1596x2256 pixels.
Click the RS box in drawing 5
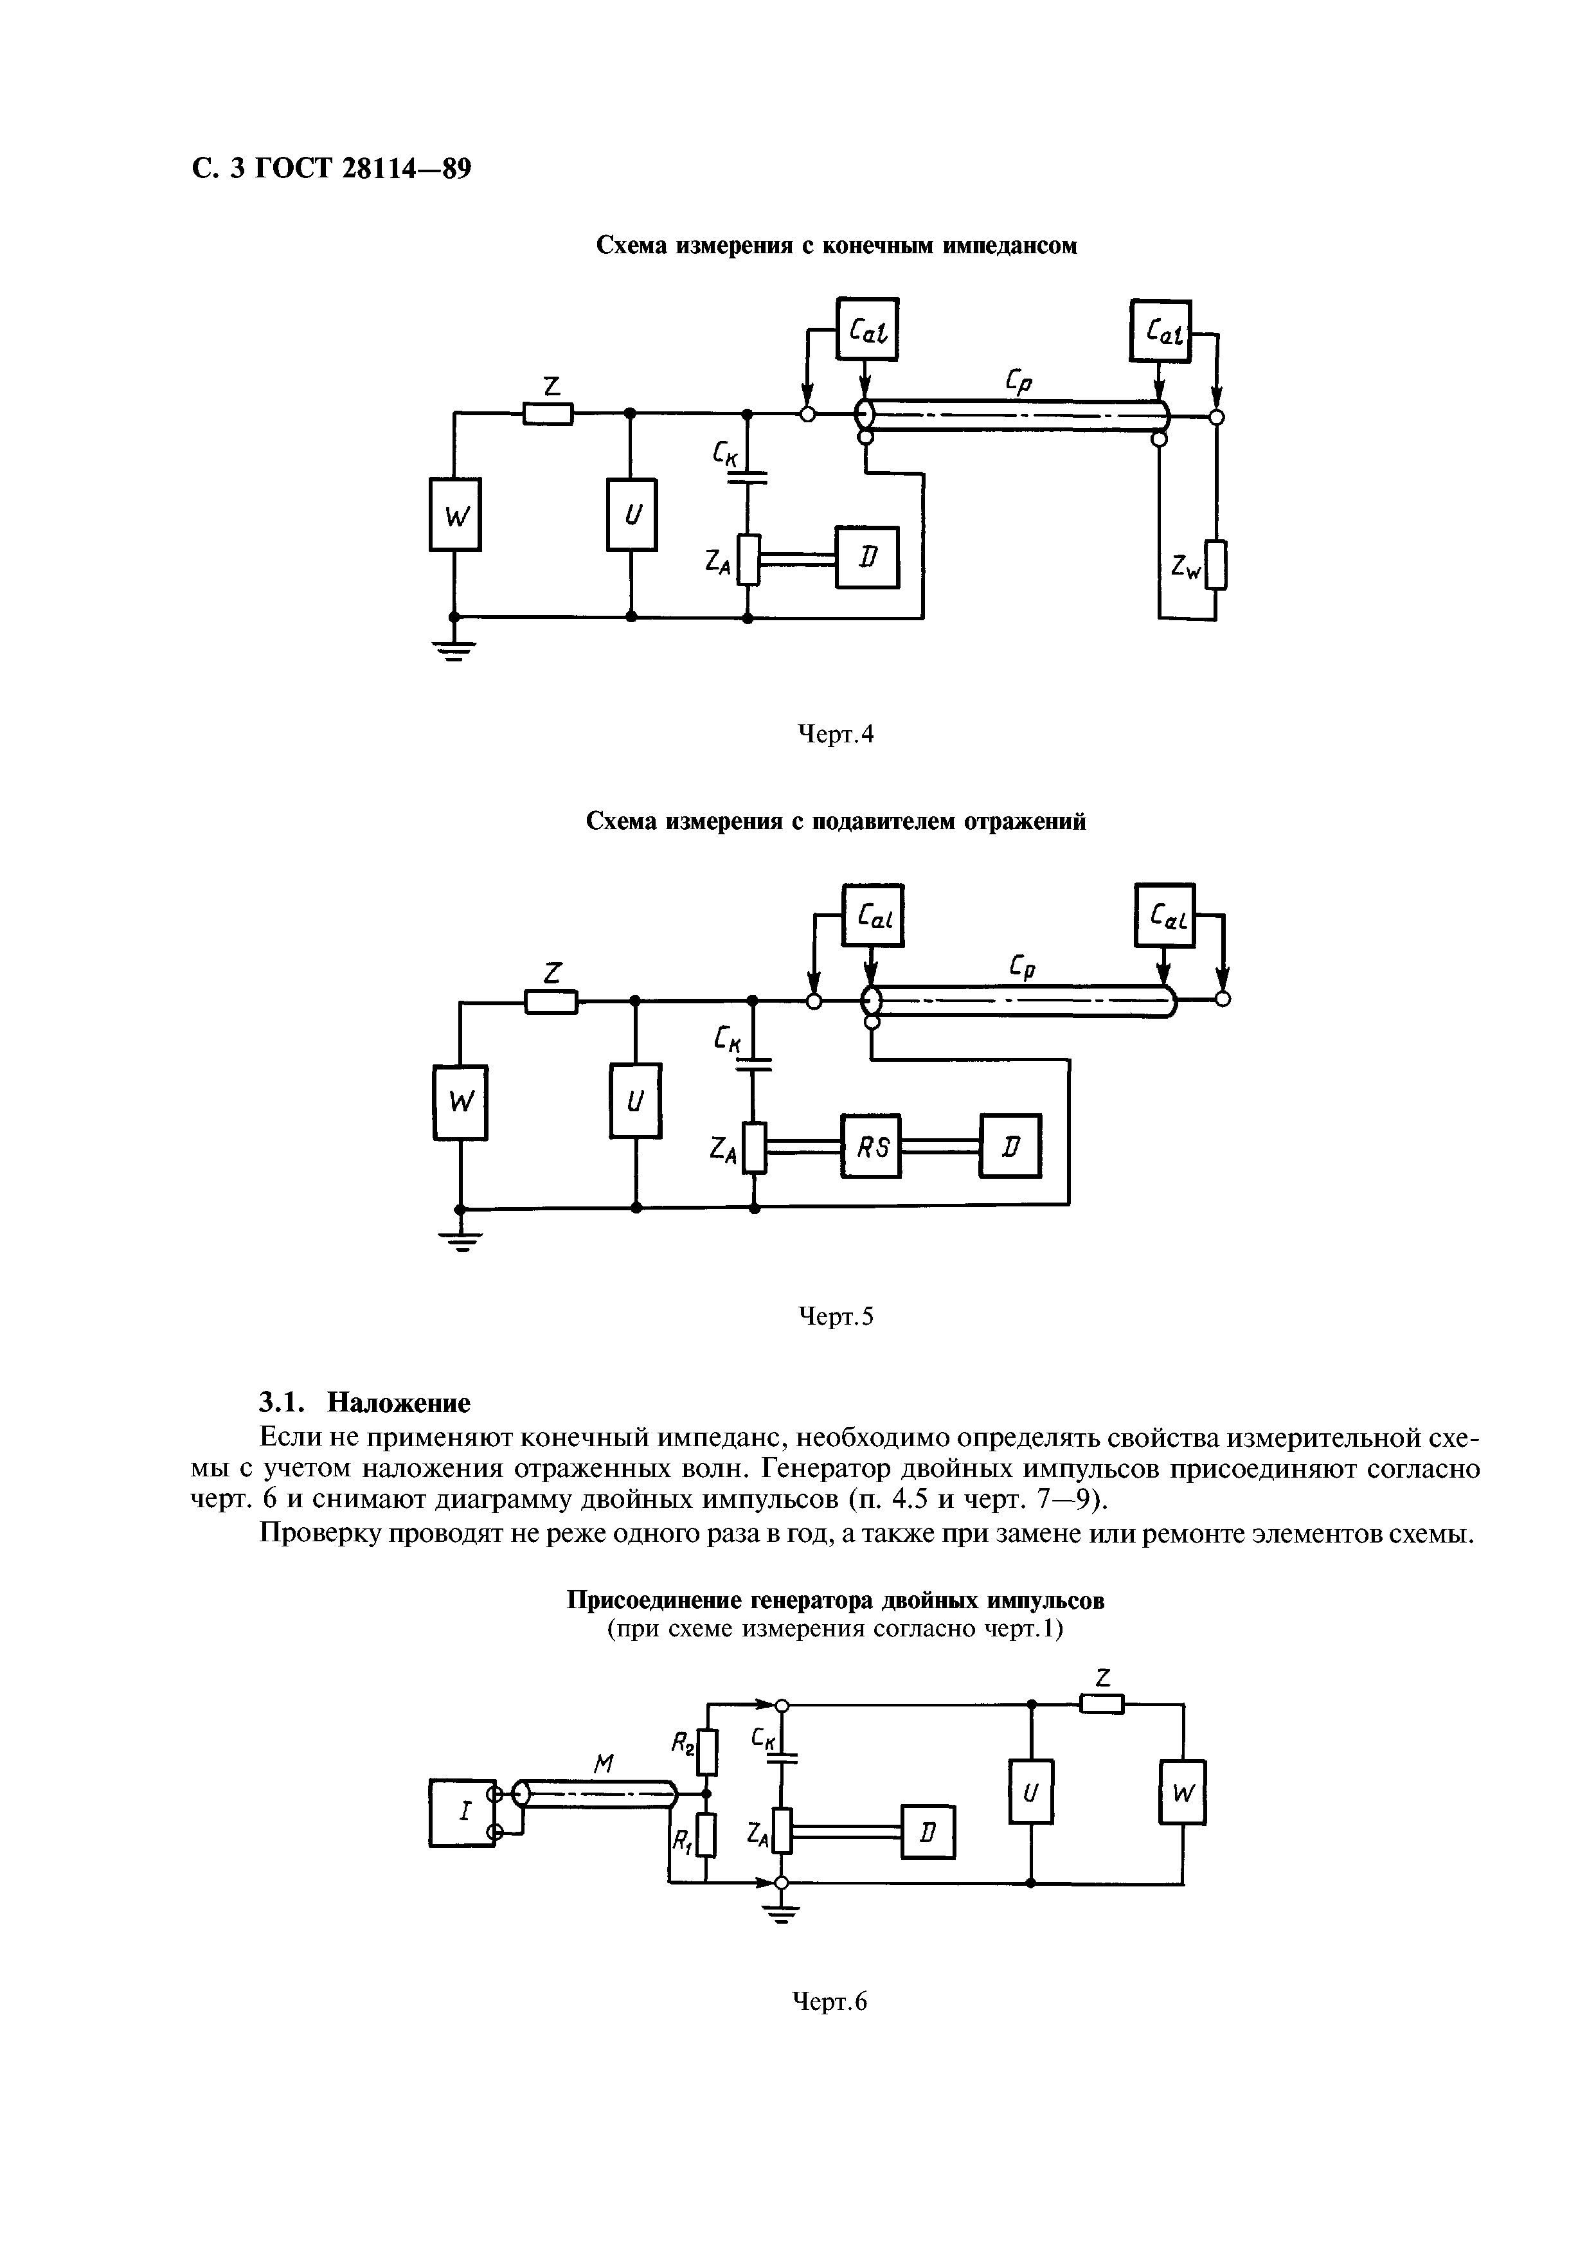(x=871, y=1146)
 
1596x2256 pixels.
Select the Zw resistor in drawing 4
(x=1217, y=565)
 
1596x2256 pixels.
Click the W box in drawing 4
(x=454, y=514)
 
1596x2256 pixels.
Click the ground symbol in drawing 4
(x=453, y=649)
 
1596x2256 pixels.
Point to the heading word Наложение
(x=398, y=1402)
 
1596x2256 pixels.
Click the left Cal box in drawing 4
(x=867, y=329)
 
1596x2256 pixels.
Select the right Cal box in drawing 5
(x=1165, y=916)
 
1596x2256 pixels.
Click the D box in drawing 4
(x=867, y=557)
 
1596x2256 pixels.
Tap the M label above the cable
(x=604, y=1765)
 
